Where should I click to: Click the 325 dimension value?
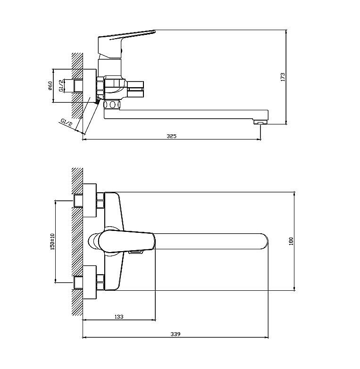tap(171, 136)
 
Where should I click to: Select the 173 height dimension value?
tap(283, 77)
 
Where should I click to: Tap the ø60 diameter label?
tap(50, 86)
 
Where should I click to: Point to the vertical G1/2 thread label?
tap(61, 86)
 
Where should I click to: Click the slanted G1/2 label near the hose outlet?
tap(66, 123)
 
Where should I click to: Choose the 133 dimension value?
tap(119, 317)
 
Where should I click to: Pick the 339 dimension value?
tap(176, 334)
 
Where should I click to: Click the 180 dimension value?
tap(291, 241)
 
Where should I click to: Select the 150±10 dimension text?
tap(52, 241)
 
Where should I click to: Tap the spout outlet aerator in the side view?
tap(260, 122)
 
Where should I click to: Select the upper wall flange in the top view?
tap(90, 200)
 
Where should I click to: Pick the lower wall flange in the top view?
tap(90, 282)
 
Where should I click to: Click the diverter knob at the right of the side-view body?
tap(135, 89)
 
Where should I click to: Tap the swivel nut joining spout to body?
tap(112, 105)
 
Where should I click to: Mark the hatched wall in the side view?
tap(77, 86)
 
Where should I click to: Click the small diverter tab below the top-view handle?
tap(136, 252)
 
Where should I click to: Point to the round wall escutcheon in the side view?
tap(90, 86)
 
